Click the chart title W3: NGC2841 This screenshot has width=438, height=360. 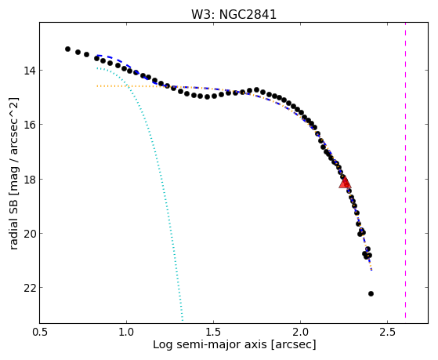tap(233, 15)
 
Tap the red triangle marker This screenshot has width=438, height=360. tap(345, 182)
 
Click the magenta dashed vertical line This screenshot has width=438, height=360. tap(405, 170)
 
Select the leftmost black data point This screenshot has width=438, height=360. tap(67, 49)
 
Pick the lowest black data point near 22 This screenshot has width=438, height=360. tap(371, 293)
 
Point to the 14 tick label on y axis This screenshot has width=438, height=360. tap(29, 71)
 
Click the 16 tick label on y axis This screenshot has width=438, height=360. tap(29, 125)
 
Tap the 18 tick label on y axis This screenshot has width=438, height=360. tap(29, 180)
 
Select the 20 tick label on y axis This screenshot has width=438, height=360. tap(29, 234)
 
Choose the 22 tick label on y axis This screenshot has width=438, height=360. tap(29, 288)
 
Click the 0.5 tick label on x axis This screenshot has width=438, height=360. tap(40, 332)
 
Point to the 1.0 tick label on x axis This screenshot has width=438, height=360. tap(126, 332)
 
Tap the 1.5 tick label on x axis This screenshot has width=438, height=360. tap(213, 332)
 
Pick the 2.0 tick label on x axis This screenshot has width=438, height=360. tap(300, 332)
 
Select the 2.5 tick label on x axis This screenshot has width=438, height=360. tap(387, 332)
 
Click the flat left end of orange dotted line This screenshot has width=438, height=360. tap(97, 86)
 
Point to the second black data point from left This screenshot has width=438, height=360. tap(78, 53)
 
